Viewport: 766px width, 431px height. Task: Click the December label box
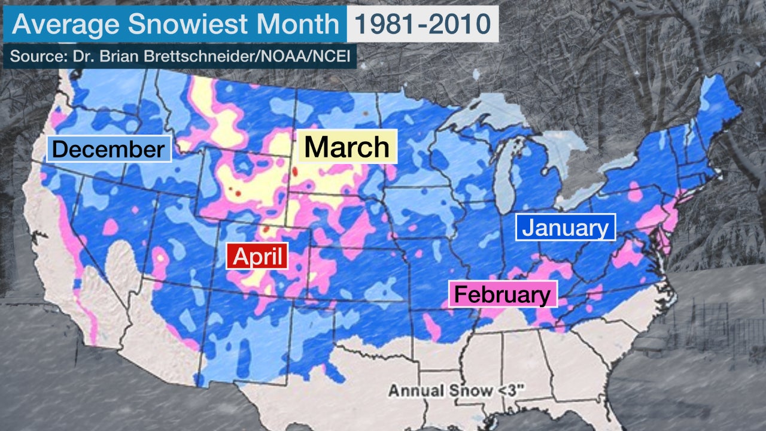coord(108,149)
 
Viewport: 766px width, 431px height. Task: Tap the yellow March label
coord(346,147)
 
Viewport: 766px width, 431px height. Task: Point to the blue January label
coord(565,227)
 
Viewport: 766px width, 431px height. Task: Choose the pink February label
coord(502,294)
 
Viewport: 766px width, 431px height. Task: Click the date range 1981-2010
coord(422,24)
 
